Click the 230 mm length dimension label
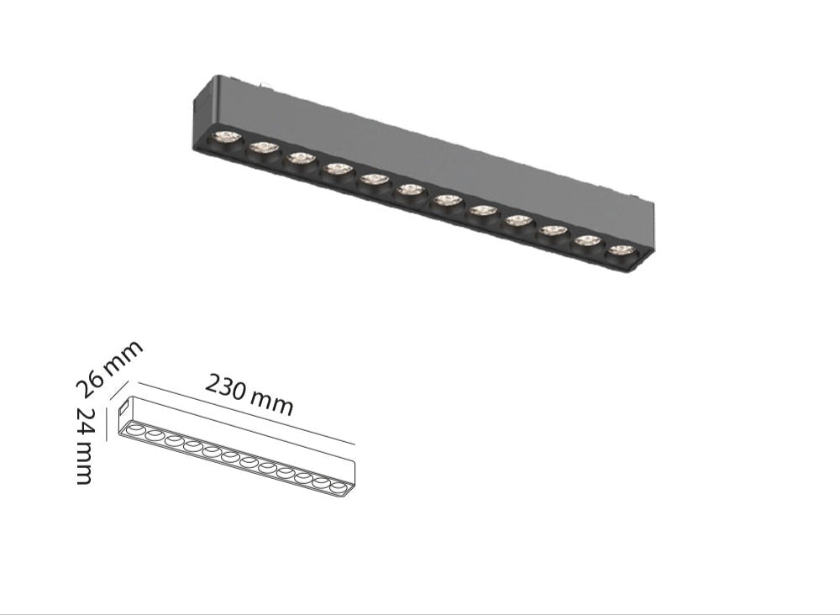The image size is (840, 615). (249, 396)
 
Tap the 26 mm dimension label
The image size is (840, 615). (108, 368)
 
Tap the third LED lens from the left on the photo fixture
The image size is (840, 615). (300, 157)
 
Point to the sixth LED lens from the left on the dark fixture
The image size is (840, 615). (411, 190)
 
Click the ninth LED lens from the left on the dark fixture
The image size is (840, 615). (518, 220)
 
